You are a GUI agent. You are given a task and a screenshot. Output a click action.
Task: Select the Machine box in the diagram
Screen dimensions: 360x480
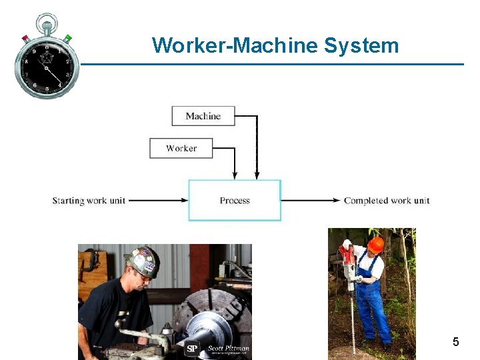[x=203, y=116]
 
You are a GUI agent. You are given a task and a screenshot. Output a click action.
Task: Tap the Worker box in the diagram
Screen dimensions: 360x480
[x=181, y=148]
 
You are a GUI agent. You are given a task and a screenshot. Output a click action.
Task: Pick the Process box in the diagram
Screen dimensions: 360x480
[x=235, y=200]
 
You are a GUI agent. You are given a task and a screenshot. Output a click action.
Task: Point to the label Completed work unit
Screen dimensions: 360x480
[x=387, y=201]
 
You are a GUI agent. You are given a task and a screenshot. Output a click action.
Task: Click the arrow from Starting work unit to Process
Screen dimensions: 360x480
[x=158, y=200]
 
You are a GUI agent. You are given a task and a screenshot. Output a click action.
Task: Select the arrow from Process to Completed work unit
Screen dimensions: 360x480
[x=311, y=200]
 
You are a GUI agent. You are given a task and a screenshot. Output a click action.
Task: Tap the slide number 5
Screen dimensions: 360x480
[x=455, y=342]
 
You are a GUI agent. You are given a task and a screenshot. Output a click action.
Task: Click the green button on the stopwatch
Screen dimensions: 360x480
[x=68, y=37]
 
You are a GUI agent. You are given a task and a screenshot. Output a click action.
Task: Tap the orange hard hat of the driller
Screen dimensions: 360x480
[x=375, y=243]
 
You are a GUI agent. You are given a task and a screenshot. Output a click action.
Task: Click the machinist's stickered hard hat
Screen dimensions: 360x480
[x=143, y=261]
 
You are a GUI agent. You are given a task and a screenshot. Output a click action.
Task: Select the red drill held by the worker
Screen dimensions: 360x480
[x=347, y=257]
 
